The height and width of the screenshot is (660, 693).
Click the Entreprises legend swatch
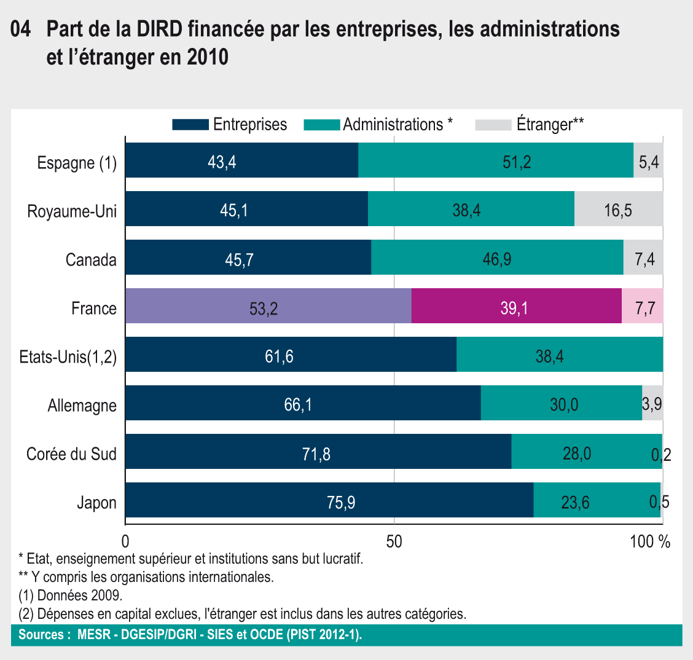pos(190,125)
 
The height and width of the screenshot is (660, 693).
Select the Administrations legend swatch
pos(322,125)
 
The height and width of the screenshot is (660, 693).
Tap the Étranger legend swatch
pos(493,125)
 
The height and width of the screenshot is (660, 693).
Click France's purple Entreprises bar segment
pos(268,306)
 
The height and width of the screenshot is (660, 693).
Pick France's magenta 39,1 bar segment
pos(516,306)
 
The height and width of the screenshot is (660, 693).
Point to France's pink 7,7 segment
pos(643,306)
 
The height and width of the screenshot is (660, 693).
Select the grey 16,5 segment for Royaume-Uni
pos(619,209)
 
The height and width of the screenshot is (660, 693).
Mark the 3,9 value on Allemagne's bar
pos(652,404)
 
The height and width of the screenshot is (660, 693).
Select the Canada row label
pos(91,260)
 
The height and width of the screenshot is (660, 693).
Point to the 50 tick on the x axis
pos(394,541)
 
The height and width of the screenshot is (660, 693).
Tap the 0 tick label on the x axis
pos(125,541)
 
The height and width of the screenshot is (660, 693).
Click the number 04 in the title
pos(22,29)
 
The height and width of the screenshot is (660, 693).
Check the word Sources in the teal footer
pos(41,635)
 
